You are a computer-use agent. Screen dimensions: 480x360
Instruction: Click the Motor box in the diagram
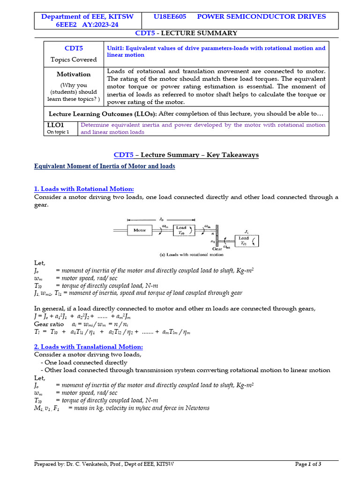point(140,230)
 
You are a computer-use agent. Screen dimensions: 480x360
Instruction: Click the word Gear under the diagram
point(217,249)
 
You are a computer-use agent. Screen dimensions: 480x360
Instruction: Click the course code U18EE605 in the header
point(170,16)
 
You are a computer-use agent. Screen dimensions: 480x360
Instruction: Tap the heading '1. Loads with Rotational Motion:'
point(84,189)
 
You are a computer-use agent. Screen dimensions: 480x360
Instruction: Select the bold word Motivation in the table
point(74,74)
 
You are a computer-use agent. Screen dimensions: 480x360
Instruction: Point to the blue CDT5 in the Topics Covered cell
point(74,48)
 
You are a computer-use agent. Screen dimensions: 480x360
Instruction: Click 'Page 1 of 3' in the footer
point(308,464)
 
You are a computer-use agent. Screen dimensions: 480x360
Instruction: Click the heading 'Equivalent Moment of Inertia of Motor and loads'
point(105,166)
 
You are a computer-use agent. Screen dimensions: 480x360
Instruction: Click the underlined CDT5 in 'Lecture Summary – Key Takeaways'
point(124,155)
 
